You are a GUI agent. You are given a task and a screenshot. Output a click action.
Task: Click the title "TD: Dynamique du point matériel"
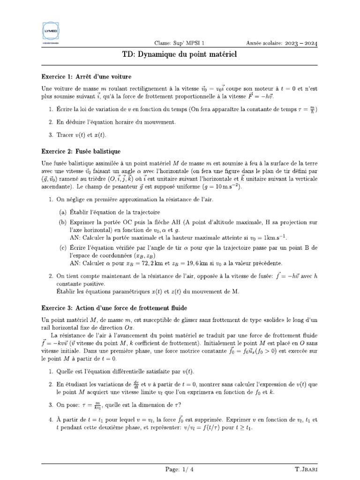[x=180, y=55]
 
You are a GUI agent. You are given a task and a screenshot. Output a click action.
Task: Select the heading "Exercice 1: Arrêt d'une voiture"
[x=86, y=76]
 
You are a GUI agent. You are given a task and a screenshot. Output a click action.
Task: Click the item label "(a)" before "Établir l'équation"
[x=63, y=212]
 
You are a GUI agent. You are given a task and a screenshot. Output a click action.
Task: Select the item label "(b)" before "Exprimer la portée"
[x=63, y=222]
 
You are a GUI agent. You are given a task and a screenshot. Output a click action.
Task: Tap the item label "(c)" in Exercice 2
[x=63, y=247]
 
